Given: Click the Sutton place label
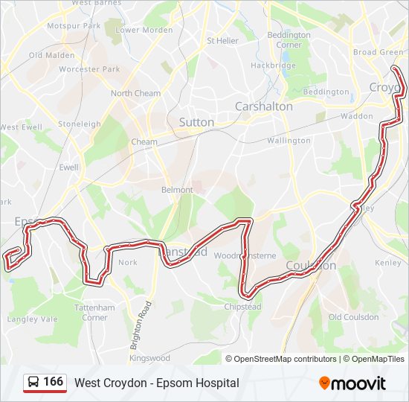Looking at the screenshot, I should coord(196,122).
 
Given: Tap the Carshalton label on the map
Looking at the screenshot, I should coord(263,106).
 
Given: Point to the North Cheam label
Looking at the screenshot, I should coord(135,93).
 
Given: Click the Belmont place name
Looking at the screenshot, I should coord(177,190).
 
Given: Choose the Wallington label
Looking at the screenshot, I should coord(289,141).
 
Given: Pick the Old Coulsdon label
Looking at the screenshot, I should coord(353,317).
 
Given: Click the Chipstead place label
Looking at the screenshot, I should coord(242,307).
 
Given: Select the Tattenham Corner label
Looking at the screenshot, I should coord(94,313).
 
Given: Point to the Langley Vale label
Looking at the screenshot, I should coord(32,319).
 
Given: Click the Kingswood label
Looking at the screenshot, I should coord(149,358).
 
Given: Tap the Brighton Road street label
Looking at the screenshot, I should coord(141,325).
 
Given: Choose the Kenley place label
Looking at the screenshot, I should coord(387,263).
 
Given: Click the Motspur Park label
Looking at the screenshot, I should coord(74,26).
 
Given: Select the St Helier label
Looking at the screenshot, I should coord(220,41).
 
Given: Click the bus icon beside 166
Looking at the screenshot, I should coord(34,383).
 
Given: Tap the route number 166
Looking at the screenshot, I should coord(54,382).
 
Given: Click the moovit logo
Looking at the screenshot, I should coord(352,383).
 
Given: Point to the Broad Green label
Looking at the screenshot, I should coord(378,53).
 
